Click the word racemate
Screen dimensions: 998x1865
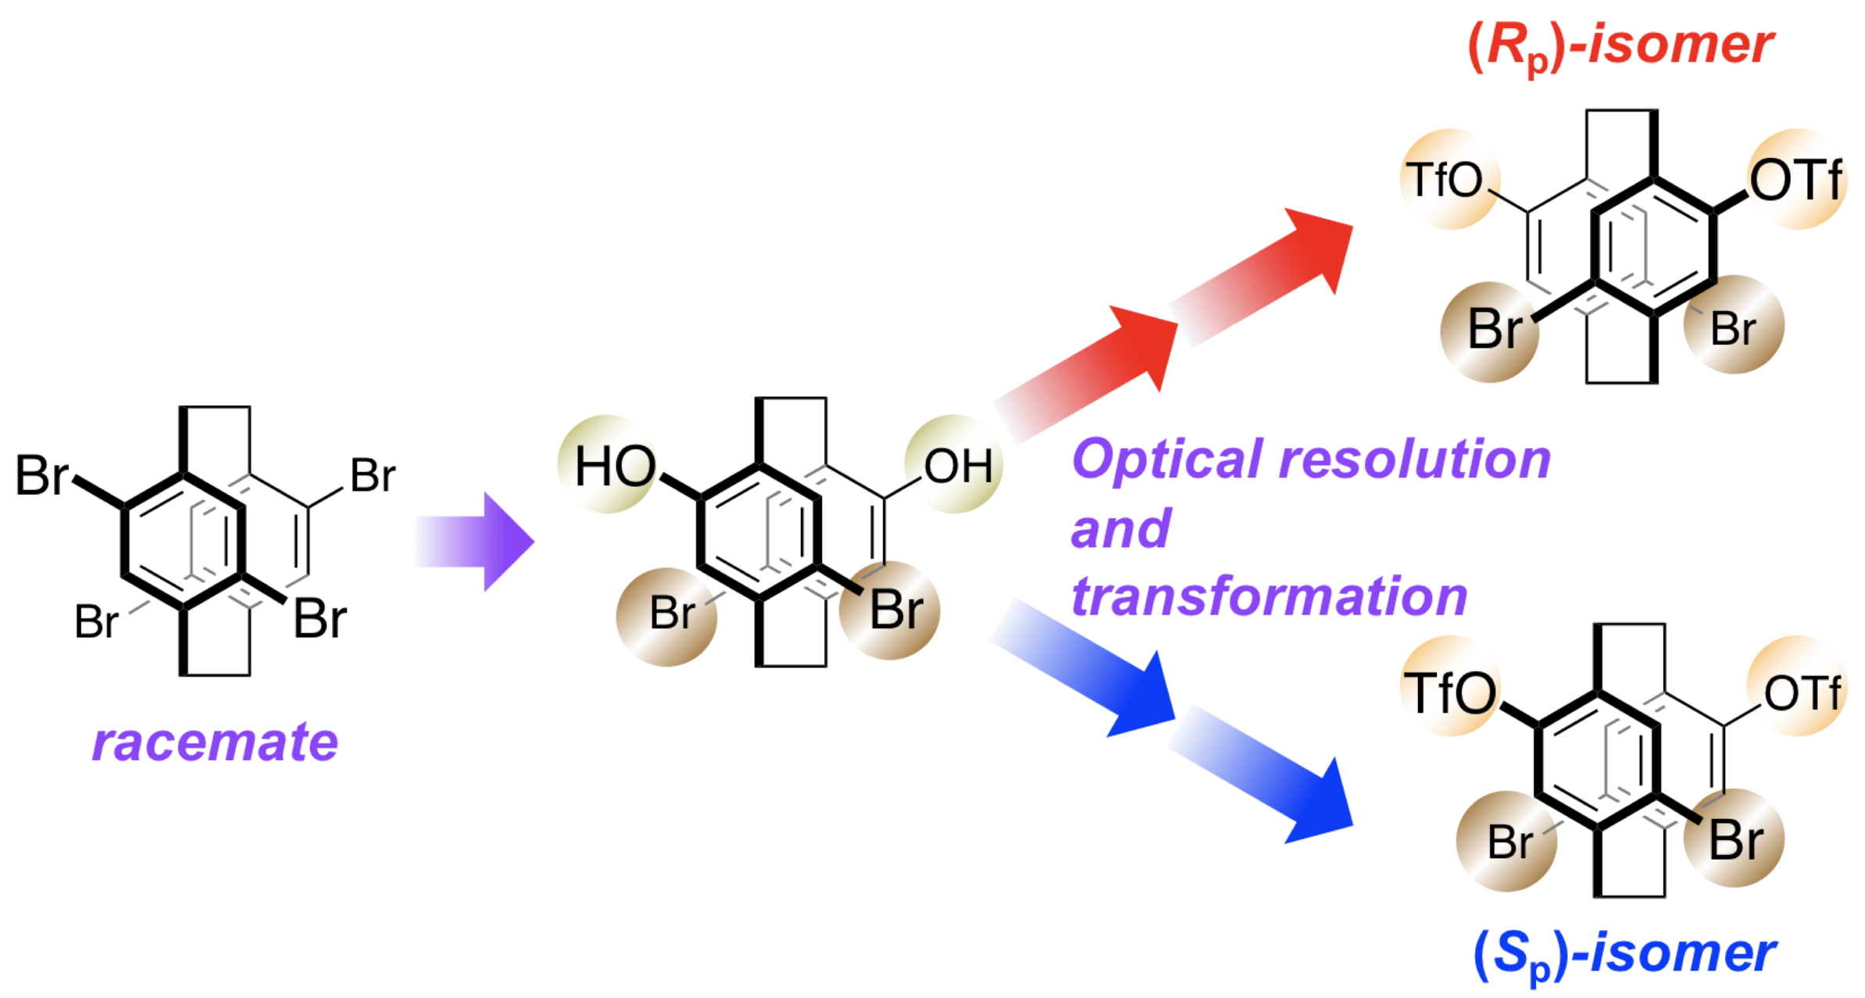[215, 742]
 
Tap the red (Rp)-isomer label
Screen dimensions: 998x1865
[1621, 45]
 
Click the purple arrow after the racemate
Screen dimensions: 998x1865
[477, 541]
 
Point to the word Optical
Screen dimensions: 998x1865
[1169, 459]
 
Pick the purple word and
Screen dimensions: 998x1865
[1120, 529]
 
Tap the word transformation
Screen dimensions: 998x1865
[1269, 597]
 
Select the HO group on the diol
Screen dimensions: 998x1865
[615, 467]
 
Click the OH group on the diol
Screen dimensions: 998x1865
[958, 467]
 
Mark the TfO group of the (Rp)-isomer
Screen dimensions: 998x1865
[1444, 180]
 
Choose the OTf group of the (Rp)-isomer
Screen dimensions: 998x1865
[1795, 180]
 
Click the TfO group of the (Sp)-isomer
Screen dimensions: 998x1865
[1450, 692]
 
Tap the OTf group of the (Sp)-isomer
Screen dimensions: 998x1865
[1802, 692]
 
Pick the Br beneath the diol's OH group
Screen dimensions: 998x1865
[895, 610]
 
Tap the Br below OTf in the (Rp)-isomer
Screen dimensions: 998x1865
[1732, 328]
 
